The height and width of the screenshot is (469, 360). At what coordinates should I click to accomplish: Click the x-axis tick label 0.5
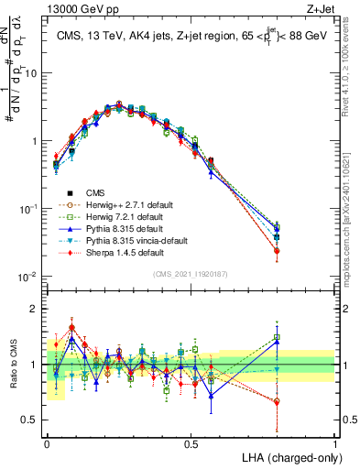coord(191,443)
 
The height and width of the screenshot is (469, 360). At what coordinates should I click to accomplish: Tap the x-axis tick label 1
coord(334,443)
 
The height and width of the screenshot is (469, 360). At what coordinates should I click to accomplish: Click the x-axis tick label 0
coord(47,443)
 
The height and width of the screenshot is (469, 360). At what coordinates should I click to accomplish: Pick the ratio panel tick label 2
coord(38,309)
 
